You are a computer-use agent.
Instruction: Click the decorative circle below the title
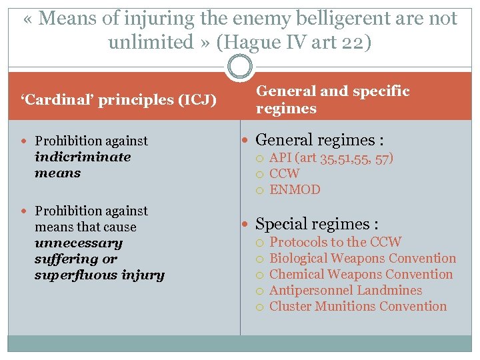coord(240,67)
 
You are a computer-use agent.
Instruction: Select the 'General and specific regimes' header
coord(333,99)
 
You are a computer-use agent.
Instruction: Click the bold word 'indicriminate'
coord(83,157)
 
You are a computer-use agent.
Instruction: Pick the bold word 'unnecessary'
coord(79,243)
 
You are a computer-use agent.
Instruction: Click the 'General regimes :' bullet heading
coord(319,140)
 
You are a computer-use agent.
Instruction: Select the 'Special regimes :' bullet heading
coord(317,224)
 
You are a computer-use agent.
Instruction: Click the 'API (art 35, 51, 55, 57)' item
coord(331,158)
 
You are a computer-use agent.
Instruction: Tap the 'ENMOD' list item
coord(295,190)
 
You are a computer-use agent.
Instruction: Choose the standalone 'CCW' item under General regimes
coord(285,174)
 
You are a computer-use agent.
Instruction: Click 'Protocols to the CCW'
coord(335,242)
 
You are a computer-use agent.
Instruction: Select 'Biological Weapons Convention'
coord(363,258)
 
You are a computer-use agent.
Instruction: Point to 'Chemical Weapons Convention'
coord(361,274)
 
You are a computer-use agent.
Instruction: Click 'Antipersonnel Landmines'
coord(345,290)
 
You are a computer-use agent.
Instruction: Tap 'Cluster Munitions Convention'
coord(358,306)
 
